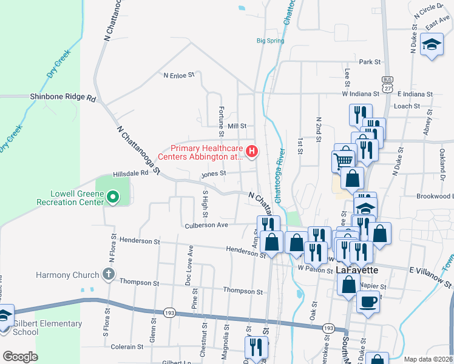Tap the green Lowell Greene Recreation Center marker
click(x=112, y=197)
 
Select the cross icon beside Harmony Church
click(x=108, y=275)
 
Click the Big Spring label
click(x=270, y=41)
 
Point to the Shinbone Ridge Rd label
click(x=63, y=97)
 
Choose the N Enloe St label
click(x=178, y=75)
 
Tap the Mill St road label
click(x=237, y=126)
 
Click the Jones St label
click(x=214, y=173)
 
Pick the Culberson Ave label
click(x=206, y=225)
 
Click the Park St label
click(x=369, y=62)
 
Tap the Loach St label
click(x=407, y=106)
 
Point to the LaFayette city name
click(x=357, y=270)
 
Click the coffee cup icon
click(x=368, y=300)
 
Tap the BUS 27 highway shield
click(x=387, y=84)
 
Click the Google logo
click(x=19, y=357)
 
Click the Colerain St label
click(x=127, y=347)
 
